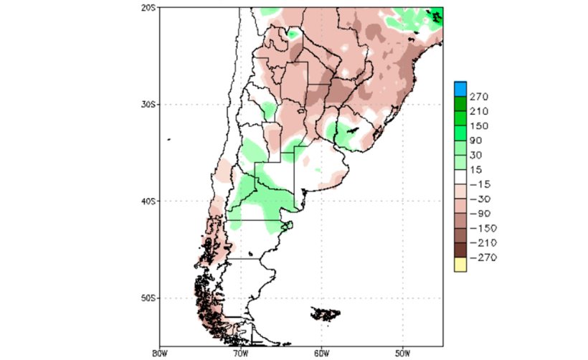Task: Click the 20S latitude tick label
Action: click(149, 8)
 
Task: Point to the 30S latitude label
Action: click(149, 105)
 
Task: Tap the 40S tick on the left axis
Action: click(149, 202)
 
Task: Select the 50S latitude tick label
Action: click(149, 298)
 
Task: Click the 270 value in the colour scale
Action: click(480, 96)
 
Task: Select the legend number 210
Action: click(480, 111)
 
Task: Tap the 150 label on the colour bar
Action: click(480, 125)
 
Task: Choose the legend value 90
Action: click(477, 141)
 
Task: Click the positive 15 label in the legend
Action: click(477, 169)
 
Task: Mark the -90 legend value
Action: click(480, 213)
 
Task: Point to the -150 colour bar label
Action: click(483, 228)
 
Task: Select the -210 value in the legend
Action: click(483, 242)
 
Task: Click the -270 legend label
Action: click(483, 257)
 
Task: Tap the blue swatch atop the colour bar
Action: click(460, 88)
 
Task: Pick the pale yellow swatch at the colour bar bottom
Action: click(460, 265)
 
